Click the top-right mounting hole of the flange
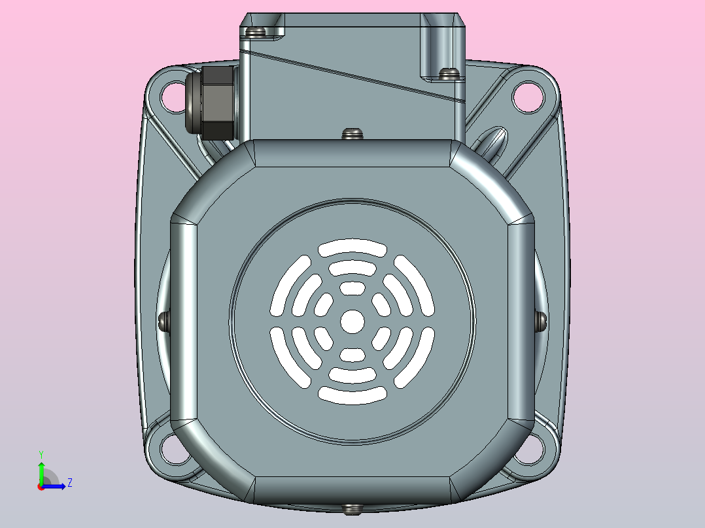tap(528, 97)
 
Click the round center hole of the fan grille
tap(353, 321)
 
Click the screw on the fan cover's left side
tap(164, 321)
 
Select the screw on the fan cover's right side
tap(541, 321)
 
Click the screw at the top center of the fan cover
tap(352, 133)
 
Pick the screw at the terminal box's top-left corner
tap(256, 31)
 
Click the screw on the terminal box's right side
tap(449, 73)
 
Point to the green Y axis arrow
tap(41, 470)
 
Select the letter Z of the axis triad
tap(69, 484)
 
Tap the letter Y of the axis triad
tap(41, 454)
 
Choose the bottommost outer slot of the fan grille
tap(352, 394)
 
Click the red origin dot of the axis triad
tap(41, 487)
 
